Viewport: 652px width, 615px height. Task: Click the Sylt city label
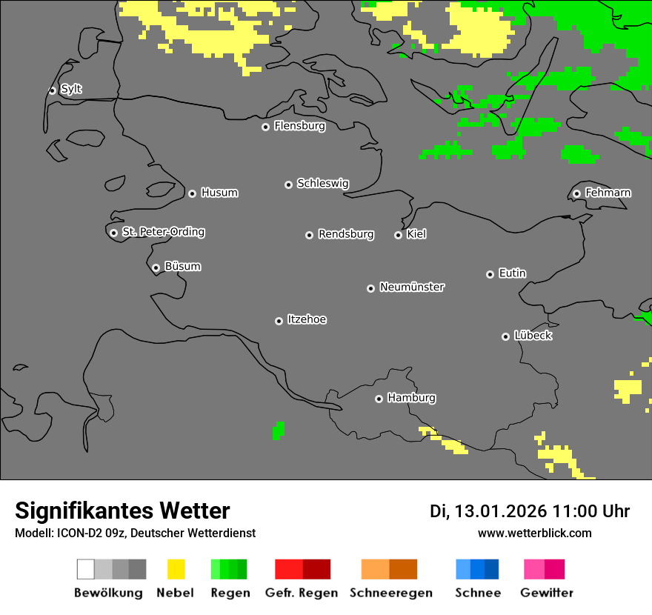[x=71, y=89]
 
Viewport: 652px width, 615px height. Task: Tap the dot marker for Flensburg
[x=265, y=127]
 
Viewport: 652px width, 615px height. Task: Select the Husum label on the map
[x=219, y=193]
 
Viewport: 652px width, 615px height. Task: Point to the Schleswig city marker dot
[x=288, y=184]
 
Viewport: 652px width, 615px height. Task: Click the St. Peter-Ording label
[x=163, y=232]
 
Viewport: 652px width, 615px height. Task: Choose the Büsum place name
[x=182, y=266]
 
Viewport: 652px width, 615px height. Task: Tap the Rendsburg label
[x=346, y=234]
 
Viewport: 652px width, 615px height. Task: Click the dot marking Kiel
[x=398, y=235]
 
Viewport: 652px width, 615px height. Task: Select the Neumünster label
[x=412, y=287]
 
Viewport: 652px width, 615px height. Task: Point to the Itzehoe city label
[x=307, y=319]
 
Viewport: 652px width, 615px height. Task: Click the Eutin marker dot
[x=490, y=274]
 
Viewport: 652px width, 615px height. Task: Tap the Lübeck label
[x=533, y=336]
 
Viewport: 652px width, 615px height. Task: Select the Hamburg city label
[x=411, y=398]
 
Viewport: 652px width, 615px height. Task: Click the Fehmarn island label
[x=608, y=193]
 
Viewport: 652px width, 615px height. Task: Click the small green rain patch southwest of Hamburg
[x=278, y=430]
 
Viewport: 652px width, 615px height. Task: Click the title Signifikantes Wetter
[x=122, y=511]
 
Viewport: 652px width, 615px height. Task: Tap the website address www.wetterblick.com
[x=534, y=533]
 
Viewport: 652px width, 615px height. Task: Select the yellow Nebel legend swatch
[x=176, y=569]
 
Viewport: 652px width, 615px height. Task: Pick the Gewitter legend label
[x=547, y=593]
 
